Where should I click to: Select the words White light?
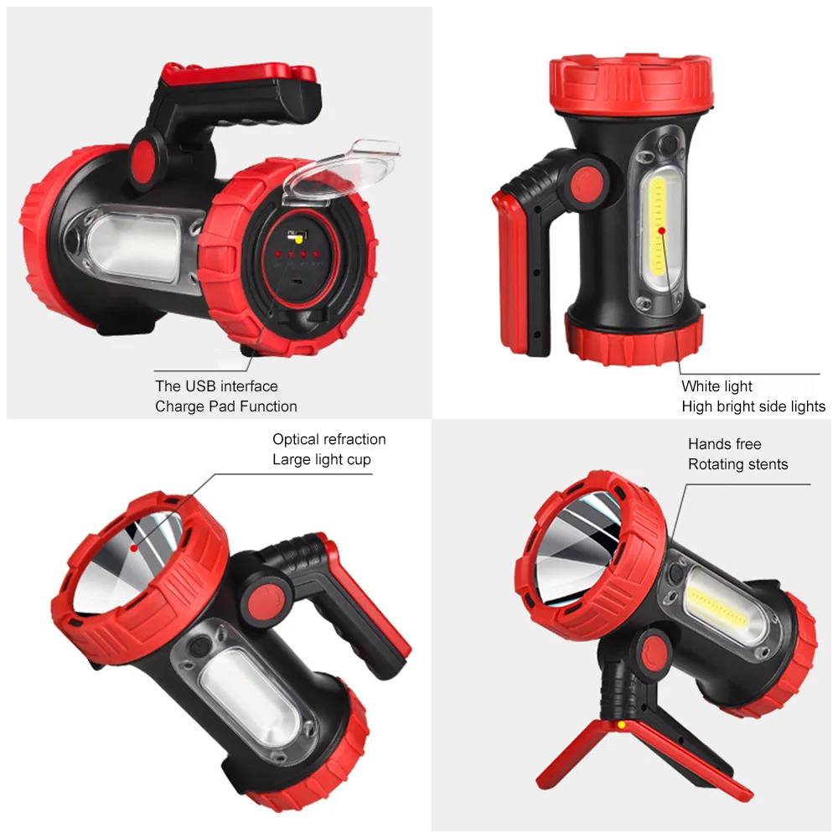point(716,386)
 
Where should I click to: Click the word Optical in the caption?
point(296,439)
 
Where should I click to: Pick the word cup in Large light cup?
point(357,459)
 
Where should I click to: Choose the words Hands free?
point(724,444)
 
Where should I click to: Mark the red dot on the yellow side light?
point(661,230)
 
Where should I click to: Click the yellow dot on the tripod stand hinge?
point(621,723)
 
